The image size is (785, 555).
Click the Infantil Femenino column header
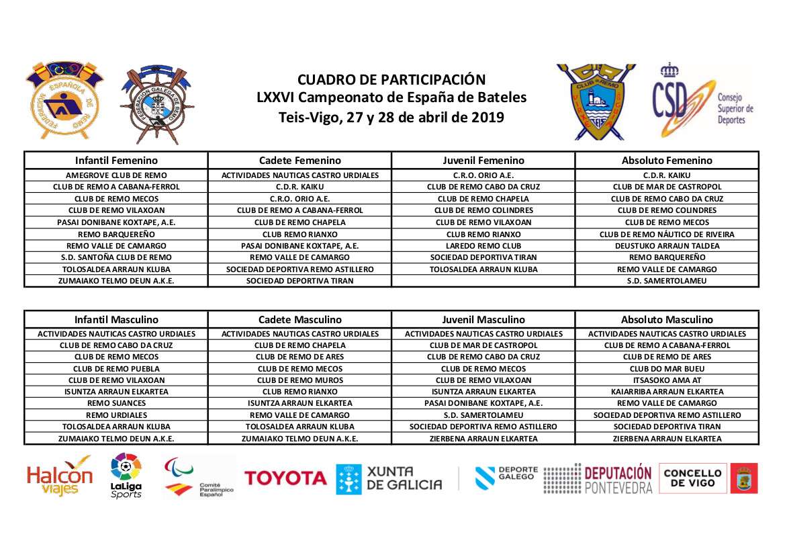[116, 161]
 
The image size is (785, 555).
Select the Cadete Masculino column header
[299, 320]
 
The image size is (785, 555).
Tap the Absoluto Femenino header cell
[667, 161]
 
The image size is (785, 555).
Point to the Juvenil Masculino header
[483, 320]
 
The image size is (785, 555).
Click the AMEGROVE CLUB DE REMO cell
[116, 175]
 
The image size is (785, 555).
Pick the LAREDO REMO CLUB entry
[483, 246]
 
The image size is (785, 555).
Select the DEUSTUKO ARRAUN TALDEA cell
[667, 246]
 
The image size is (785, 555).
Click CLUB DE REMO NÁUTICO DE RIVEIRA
[667, 234]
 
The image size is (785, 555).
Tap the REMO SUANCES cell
[116, 403]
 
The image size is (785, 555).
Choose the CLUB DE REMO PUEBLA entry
[116, 369]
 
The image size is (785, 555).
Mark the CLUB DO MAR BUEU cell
[667, 369]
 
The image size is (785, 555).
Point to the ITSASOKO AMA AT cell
[667, 380]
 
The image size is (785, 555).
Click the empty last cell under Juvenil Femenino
[483, 281]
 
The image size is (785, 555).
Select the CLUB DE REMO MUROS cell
[299, 380]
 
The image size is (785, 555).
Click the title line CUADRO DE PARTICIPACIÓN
[391, 80]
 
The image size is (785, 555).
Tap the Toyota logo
[285, 478]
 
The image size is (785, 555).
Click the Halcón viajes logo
[59, 476]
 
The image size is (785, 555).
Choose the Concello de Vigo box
[692, 478]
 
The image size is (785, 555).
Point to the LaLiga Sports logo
[126, 476]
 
